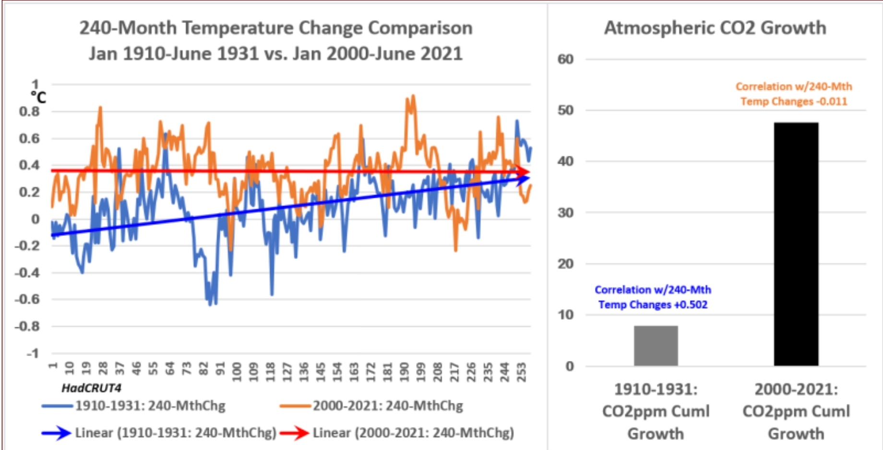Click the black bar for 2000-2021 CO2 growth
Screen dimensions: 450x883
click(x=796, y=244)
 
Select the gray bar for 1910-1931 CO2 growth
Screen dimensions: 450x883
click(x=656, y=346)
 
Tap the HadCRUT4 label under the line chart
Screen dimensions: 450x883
click(x=91, y=388)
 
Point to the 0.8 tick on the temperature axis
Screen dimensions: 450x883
click(x=29, y=112)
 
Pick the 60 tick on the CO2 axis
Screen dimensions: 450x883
click(x=565, y=59)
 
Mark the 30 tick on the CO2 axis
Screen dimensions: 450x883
click(x=565, y=213)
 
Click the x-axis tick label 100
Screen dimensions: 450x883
click(x=237, y=372)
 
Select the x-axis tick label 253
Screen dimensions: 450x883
click(x=521, y=372)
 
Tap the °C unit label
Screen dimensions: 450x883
click(x=38, y=98)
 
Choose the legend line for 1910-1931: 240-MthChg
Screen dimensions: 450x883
click(x=57, y=406)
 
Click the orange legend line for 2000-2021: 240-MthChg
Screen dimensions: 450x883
click(x=295, y=406)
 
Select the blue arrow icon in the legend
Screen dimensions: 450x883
click(x=56, y=433)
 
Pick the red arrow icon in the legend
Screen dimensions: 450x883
click(x=294, y=433)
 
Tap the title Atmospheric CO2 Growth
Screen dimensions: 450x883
click(x=715, y=28)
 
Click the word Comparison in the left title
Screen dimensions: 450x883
click(x=420, y=28)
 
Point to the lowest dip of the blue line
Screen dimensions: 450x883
click(x=210, y=304)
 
